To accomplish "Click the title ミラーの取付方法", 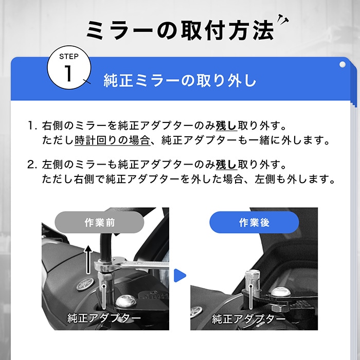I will (179, 30).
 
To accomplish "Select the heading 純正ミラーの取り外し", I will (179, 81).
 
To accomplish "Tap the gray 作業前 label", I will (100, 223).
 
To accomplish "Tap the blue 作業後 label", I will (254, 223).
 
